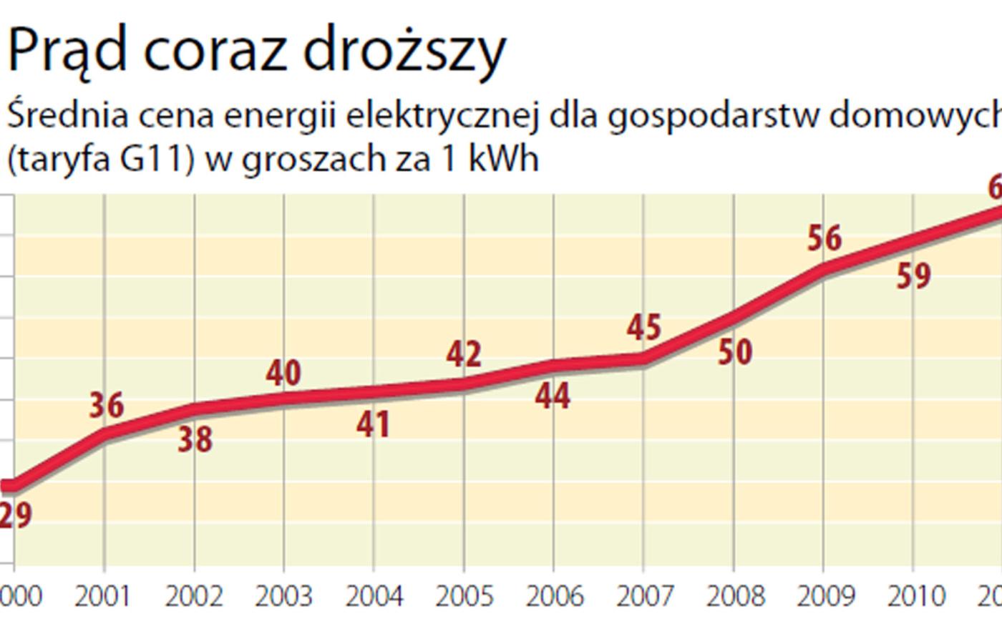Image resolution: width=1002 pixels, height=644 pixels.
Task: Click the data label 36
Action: pyautogui.click(x=107, y=405)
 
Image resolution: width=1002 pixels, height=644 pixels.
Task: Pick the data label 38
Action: pyautogui.click(x=195, y=439)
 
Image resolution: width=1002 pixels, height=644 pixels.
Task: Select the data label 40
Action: pyautogui.click(x=283, y=373)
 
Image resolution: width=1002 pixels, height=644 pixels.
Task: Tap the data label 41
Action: pyautogui.click(x=374, y=425)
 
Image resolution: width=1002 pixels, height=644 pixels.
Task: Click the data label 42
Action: pyautogui.click(x=464, y=354)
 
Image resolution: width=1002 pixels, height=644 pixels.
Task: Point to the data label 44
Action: pyautogui.click(x=553, y=396)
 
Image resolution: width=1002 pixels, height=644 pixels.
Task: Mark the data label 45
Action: pyautogui.click(x=644, y=327)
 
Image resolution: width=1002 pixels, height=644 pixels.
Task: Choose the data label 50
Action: pyautogui.click(x=735, y=352)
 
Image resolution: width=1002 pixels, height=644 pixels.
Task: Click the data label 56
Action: pyautogui.click(x=825, y=238)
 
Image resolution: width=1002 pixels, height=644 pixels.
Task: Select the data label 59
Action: pyautogui.click(x=914, y=276)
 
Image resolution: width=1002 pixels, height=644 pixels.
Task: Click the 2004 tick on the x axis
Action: pyautogui.click(x=374, y=595)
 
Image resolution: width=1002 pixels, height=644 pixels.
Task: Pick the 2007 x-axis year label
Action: pyautogui.click(x=644, y=595)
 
